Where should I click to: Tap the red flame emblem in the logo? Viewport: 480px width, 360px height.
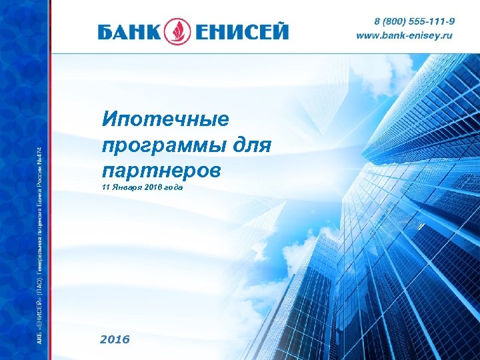181,31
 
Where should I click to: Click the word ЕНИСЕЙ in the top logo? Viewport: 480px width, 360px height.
241,31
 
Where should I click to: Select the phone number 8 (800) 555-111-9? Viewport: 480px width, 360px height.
414,22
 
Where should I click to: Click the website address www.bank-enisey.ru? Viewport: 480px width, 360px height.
404,35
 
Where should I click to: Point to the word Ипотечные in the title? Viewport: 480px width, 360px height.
165,120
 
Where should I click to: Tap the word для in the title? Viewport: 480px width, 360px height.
254,145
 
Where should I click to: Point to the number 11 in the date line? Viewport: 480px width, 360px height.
106,189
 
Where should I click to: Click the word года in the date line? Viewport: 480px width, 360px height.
173,189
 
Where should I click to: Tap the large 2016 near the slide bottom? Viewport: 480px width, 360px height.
115,339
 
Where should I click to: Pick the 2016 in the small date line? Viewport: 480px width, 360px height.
152,189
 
